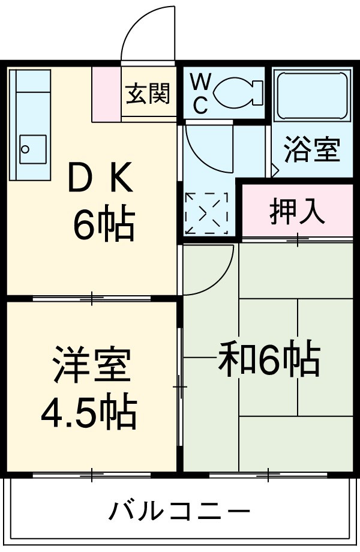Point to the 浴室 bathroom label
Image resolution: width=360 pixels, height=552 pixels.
312,149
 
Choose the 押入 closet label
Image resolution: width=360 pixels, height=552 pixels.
297,211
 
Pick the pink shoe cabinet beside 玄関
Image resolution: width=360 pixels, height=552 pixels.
106,93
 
